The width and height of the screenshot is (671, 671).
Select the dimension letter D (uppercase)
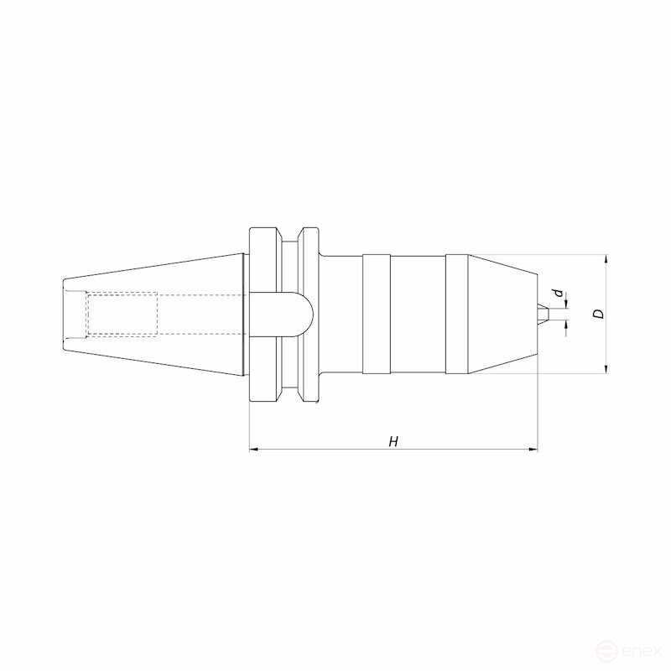click(597, 314)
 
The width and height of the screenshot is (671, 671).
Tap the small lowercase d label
click(557, 293)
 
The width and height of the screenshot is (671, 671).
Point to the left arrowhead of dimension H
click(254, 450)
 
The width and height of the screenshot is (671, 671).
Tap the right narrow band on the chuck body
click(457, 314)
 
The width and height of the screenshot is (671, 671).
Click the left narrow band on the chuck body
click(376, 314)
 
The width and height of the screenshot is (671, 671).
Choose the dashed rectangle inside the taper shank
click(122, 314)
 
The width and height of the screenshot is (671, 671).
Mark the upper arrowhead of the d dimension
click(566, 303)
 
